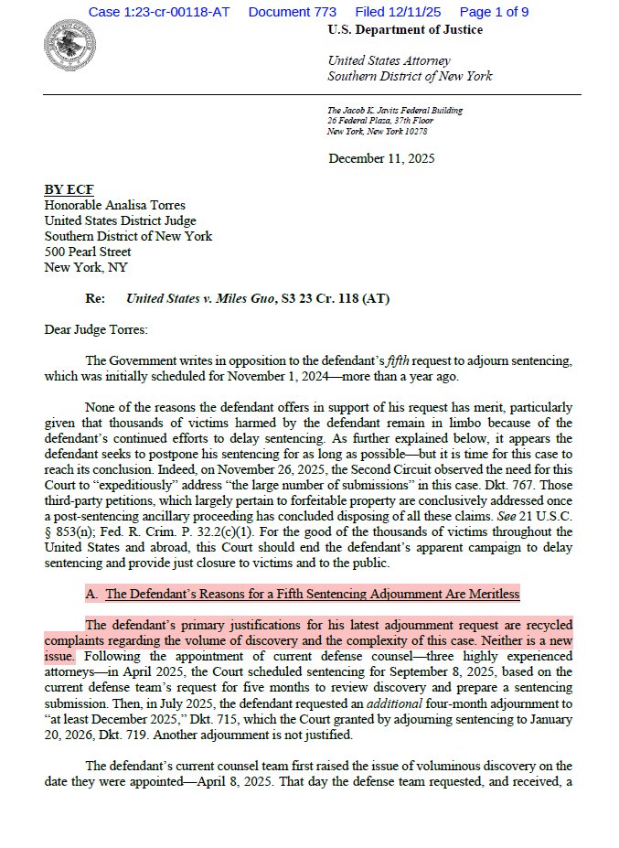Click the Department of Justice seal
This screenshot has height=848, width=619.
point(64,42)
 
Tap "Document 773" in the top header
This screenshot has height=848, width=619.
point(292,12)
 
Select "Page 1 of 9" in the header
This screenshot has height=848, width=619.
point(494,12)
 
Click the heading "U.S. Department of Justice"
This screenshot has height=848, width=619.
point(405,30)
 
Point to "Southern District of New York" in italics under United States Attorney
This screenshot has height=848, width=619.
point(410,76)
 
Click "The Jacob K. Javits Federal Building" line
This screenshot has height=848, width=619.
point(395,111)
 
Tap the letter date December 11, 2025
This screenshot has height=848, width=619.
point(381,158)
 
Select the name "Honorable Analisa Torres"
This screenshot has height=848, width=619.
point(115,205)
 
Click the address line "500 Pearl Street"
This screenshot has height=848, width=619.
point(88,252)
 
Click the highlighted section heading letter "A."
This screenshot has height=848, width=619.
point(92,594)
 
